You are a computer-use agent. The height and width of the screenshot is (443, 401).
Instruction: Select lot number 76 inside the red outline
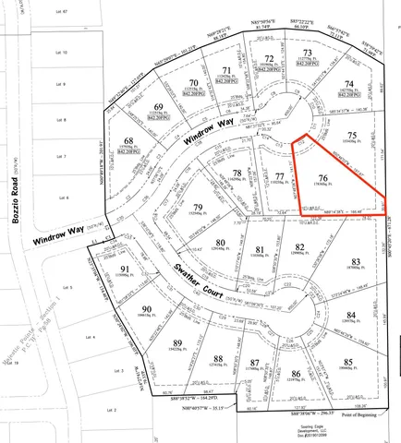pyautogui.click(x=322, y=178)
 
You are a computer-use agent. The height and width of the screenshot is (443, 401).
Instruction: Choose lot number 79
pyautogui.click(x=196, y=206)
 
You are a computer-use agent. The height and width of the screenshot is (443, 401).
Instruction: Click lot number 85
pyautogui.click(x=347, y=361)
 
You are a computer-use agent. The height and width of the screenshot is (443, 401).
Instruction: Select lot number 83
pyautogui.click(x=356, y=262)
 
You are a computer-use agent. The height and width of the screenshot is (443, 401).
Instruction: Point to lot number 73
pyautogui.click(x=309, y=53)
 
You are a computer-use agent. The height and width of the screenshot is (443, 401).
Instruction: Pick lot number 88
pyautogui.click(x=218, y=359)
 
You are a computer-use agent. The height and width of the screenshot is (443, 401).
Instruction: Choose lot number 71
pyautogui.click(x=225, y=70)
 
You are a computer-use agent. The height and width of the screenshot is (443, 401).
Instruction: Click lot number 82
pyautogui.click(x=299, y=246)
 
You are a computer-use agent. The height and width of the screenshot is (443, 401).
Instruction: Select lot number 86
pyautogui.click(x=296, y=374)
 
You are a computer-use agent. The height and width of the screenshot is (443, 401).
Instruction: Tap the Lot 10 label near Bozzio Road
pyautogui.click(x=63, y=53)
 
